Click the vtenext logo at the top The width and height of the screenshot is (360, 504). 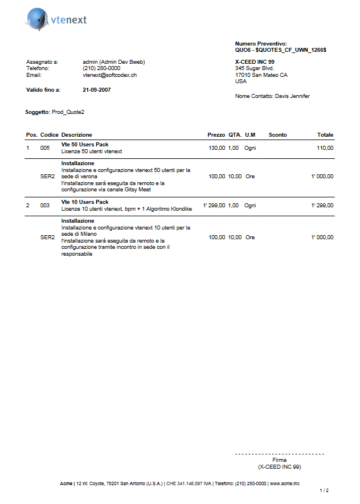coord(56,20)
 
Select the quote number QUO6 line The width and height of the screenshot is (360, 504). coord(280,50)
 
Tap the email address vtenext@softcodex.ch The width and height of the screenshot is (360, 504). coord(109,75)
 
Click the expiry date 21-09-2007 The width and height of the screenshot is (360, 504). coord(97,90)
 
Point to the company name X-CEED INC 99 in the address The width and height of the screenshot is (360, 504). coord(255,62)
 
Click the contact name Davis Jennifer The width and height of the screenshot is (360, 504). coord(292,96)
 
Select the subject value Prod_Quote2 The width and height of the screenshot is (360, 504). coord(68,112)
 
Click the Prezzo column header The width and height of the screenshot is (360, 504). coord(216,135)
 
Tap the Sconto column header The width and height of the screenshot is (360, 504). coord(277,135)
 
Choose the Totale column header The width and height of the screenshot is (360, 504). coord(325,135)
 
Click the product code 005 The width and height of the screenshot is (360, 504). coord(45,148)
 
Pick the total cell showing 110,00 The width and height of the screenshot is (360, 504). coord(325,148)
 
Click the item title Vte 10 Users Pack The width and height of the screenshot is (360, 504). coord(85,202)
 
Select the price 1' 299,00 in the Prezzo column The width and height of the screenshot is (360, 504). coord(214,205)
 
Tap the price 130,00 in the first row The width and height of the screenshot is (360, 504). coord(217,148)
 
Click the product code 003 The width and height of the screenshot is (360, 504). coord(45,205)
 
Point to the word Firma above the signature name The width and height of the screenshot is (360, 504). coord(279,460)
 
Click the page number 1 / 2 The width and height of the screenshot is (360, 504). coord(324,490)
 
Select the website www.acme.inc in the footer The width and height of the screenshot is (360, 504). coord(285,483)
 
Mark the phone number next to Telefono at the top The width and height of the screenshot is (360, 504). coord(101,68)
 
